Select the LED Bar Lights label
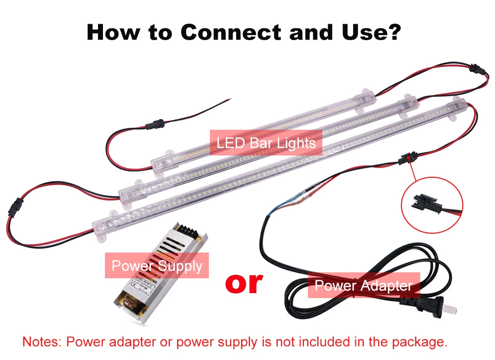(266, 144)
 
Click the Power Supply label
(157, 266)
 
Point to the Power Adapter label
(363, 286)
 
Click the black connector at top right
(474, 67)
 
